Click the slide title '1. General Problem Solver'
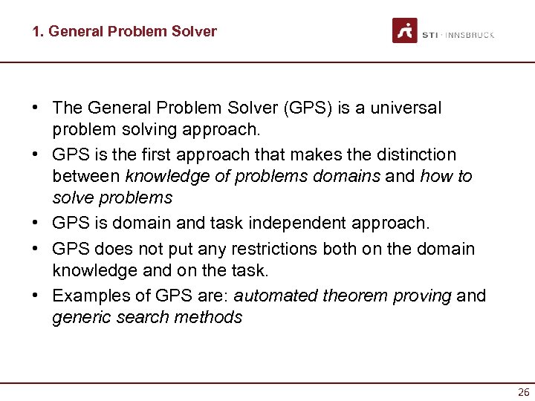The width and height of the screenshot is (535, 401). [x=124, y=31]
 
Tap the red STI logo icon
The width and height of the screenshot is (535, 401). [x=405, y=30]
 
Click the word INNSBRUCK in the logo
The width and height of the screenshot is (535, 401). [x=470, y=35]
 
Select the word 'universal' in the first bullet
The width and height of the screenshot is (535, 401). [x=405, y=108]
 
